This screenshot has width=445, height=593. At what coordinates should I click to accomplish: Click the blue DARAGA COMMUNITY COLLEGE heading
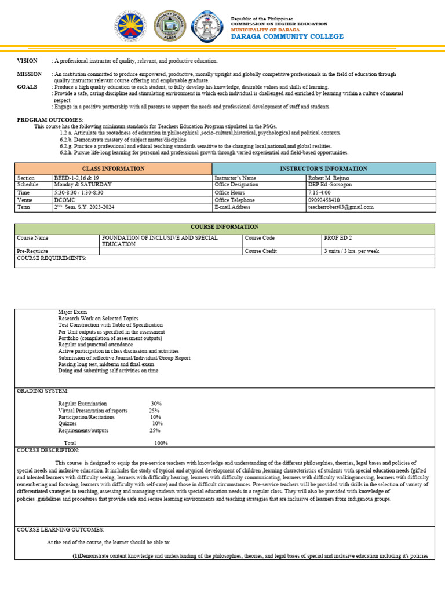click(287, 36)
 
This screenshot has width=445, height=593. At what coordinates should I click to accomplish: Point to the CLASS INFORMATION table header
click(114, 169)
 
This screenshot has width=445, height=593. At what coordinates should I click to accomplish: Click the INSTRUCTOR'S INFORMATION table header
click(323, 169)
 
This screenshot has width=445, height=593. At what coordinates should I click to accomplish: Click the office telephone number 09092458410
click(324, 200)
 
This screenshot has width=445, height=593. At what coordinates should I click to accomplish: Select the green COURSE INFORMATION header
click(224, 227)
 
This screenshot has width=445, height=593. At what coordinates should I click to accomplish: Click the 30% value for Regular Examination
click(156, 404)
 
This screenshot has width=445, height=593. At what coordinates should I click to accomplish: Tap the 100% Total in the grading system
click(161, 443)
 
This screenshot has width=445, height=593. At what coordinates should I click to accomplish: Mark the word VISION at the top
click(27, 61)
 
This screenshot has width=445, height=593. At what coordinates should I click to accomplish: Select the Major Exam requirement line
click(72, 312)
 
